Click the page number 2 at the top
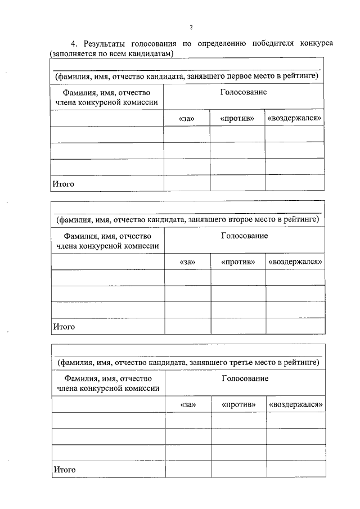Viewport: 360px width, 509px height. [x=191, y=27]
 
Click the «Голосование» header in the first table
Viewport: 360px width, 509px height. [x=244, y=92]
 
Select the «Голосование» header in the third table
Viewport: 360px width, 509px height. [x=245, y=379]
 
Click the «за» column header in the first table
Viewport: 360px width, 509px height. [x=187, y=118]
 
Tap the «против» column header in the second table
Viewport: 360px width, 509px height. [x=238, y=262]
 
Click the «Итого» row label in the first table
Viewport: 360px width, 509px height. [x=64, y=183]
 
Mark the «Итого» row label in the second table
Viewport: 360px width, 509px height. [x=64, y=327]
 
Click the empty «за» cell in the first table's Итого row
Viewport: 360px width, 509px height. [x=187, y=183]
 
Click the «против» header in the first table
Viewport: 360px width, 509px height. [x=237, y=118]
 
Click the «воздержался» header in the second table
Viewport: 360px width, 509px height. [x=295, y=262]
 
